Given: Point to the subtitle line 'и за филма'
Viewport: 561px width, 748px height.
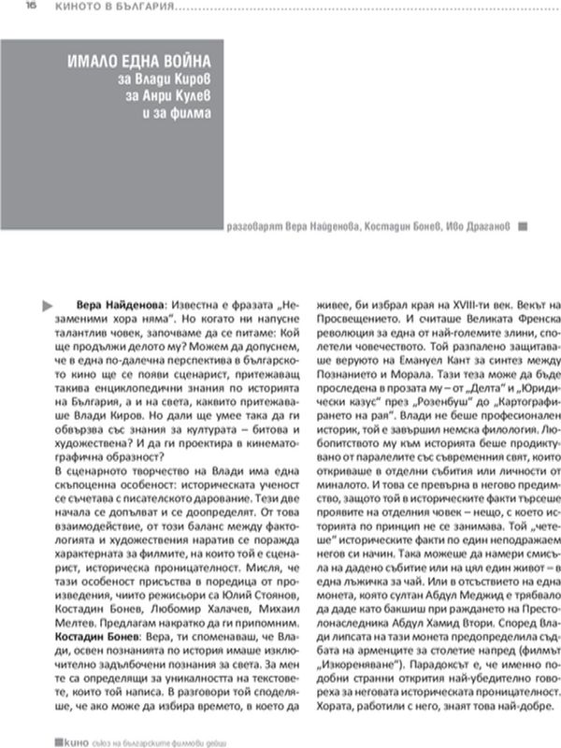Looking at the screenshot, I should coord(184,114).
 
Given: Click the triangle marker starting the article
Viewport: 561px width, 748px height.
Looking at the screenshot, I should coord(46,306).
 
